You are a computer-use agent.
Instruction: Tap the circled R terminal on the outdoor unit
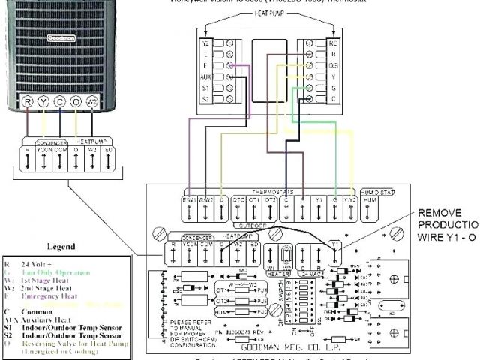click(28, 101)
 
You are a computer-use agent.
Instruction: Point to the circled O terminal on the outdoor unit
click(76, 101)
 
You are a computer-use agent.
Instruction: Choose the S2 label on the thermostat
click(206, 98)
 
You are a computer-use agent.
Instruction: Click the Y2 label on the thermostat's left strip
click(206, 43)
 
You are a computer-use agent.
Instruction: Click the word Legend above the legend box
click(61, 246)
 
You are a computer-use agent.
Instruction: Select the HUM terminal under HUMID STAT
click(370, 201)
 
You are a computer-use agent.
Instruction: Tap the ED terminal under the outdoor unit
click(110, 150)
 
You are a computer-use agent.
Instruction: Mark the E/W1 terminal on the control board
click(189, 201)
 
